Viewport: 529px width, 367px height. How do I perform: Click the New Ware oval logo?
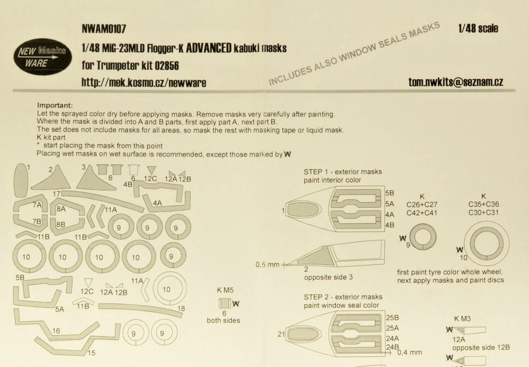(x=42, y=57)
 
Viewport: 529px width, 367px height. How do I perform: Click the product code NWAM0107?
(x=104, y=29)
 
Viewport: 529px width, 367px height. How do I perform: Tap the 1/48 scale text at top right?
(x=478, y=29)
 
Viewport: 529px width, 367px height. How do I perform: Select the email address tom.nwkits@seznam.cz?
(x=455, y=82)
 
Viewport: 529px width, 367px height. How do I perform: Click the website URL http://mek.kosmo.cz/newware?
(x=144, y=82)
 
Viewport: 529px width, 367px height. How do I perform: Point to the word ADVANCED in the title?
(x=208, y=48)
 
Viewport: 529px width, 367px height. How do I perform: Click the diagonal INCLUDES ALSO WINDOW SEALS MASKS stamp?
(x=354, y=53)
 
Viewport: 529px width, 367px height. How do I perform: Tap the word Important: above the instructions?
(x=54, y=106)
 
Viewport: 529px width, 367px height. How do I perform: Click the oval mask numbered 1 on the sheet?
(x=21, y=180)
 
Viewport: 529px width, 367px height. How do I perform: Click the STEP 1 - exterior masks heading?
(x=343, y=172)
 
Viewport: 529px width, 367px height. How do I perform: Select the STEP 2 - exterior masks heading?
(x=343, y=297)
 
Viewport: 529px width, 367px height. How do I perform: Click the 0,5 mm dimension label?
(x=268, y=265)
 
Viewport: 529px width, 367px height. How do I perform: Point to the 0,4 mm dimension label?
(x=409, y=353)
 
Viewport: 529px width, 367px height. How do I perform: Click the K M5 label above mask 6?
(x=225, y=290)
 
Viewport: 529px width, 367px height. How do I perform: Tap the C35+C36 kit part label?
(x=484, y=205)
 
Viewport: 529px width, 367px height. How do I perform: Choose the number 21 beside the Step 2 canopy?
(x=281, y=334)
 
